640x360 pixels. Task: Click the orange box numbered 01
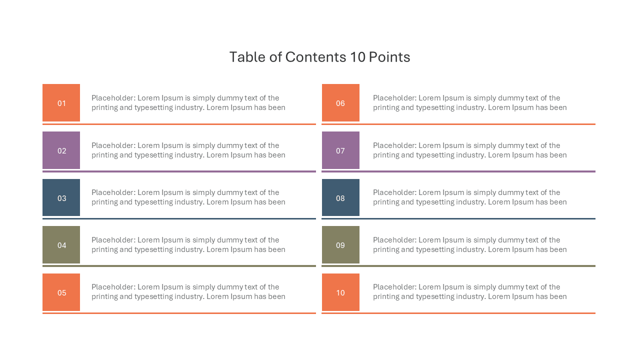(61, 102)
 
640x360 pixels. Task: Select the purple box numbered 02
(61, 150)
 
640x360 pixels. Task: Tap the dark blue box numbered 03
(61, 197)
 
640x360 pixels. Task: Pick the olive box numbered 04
(61, 244)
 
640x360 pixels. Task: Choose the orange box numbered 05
(61, 292)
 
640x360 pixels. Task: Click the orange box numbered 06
(340, 102)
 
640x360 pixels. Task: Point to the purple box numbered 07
(340, 150)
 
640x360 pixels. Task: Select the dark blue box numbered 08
(340, 197)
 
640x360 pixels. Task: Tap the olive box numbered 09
(340, 244)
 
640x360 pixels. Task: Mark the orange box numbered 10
(340, 292)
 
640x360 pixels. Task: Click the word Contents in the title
(315, 57)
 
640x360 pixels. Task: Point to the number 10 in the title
(357, 57)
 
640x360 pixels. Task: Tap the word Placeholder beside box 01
(113, 97)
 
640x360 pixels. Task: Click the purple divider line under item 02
(179, 171)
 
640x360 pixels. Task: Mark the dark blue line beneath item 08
(458, 219)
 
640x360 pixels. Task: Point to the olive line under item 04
(179, 266)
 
